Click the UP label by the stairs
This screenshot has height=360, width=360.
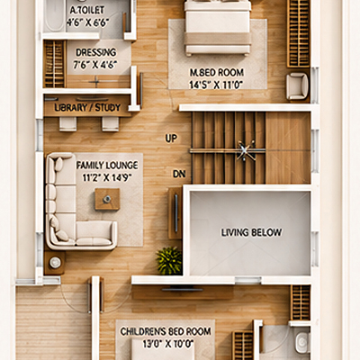(x=171, y=139)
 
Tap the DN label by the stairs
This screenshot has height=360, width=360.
(x=179, y=174)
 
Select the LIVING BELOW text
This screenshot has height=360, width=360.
(x=251, y=232)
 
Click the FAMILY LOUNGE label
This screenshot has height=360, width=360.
(x=107, y=166)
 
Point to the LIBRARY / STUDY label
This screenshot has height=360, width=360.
(x=87, y=107)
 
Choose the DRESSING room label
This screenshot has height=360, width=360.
(x=96, y=52)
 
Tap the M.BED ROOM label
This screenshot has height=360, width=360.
(x=217, y=72)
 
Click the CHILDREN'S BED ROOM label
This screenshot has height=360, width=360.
(x=166, y=331)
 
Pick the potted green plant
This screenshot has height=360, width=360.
(x=169, y=260)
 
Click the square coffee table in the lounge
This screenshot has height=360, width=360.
(x=107, y=199)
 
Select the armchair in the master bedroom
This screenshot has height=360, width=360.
(x=297, y=86)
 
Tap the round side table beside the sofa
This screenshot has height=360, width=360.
(x=55, y=263)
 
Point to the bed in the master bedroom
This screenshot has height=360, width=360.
(x=218, y=28)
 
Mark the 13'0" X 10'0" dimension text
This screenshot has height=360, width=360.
(x=167, y=344)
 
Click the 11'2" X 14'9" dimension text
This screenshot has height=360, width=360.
(x=107, y=177)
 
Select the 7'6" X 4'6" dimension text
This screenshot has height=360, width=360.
(x=95, y=65)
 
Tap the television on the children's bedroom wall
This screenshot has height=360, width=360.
(x=182, y=290)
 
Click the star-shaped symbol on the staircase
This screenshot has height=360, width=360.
(x=246, y=150)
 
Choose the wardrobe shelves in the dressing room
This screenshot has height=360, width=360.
(x=55, y=64)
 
